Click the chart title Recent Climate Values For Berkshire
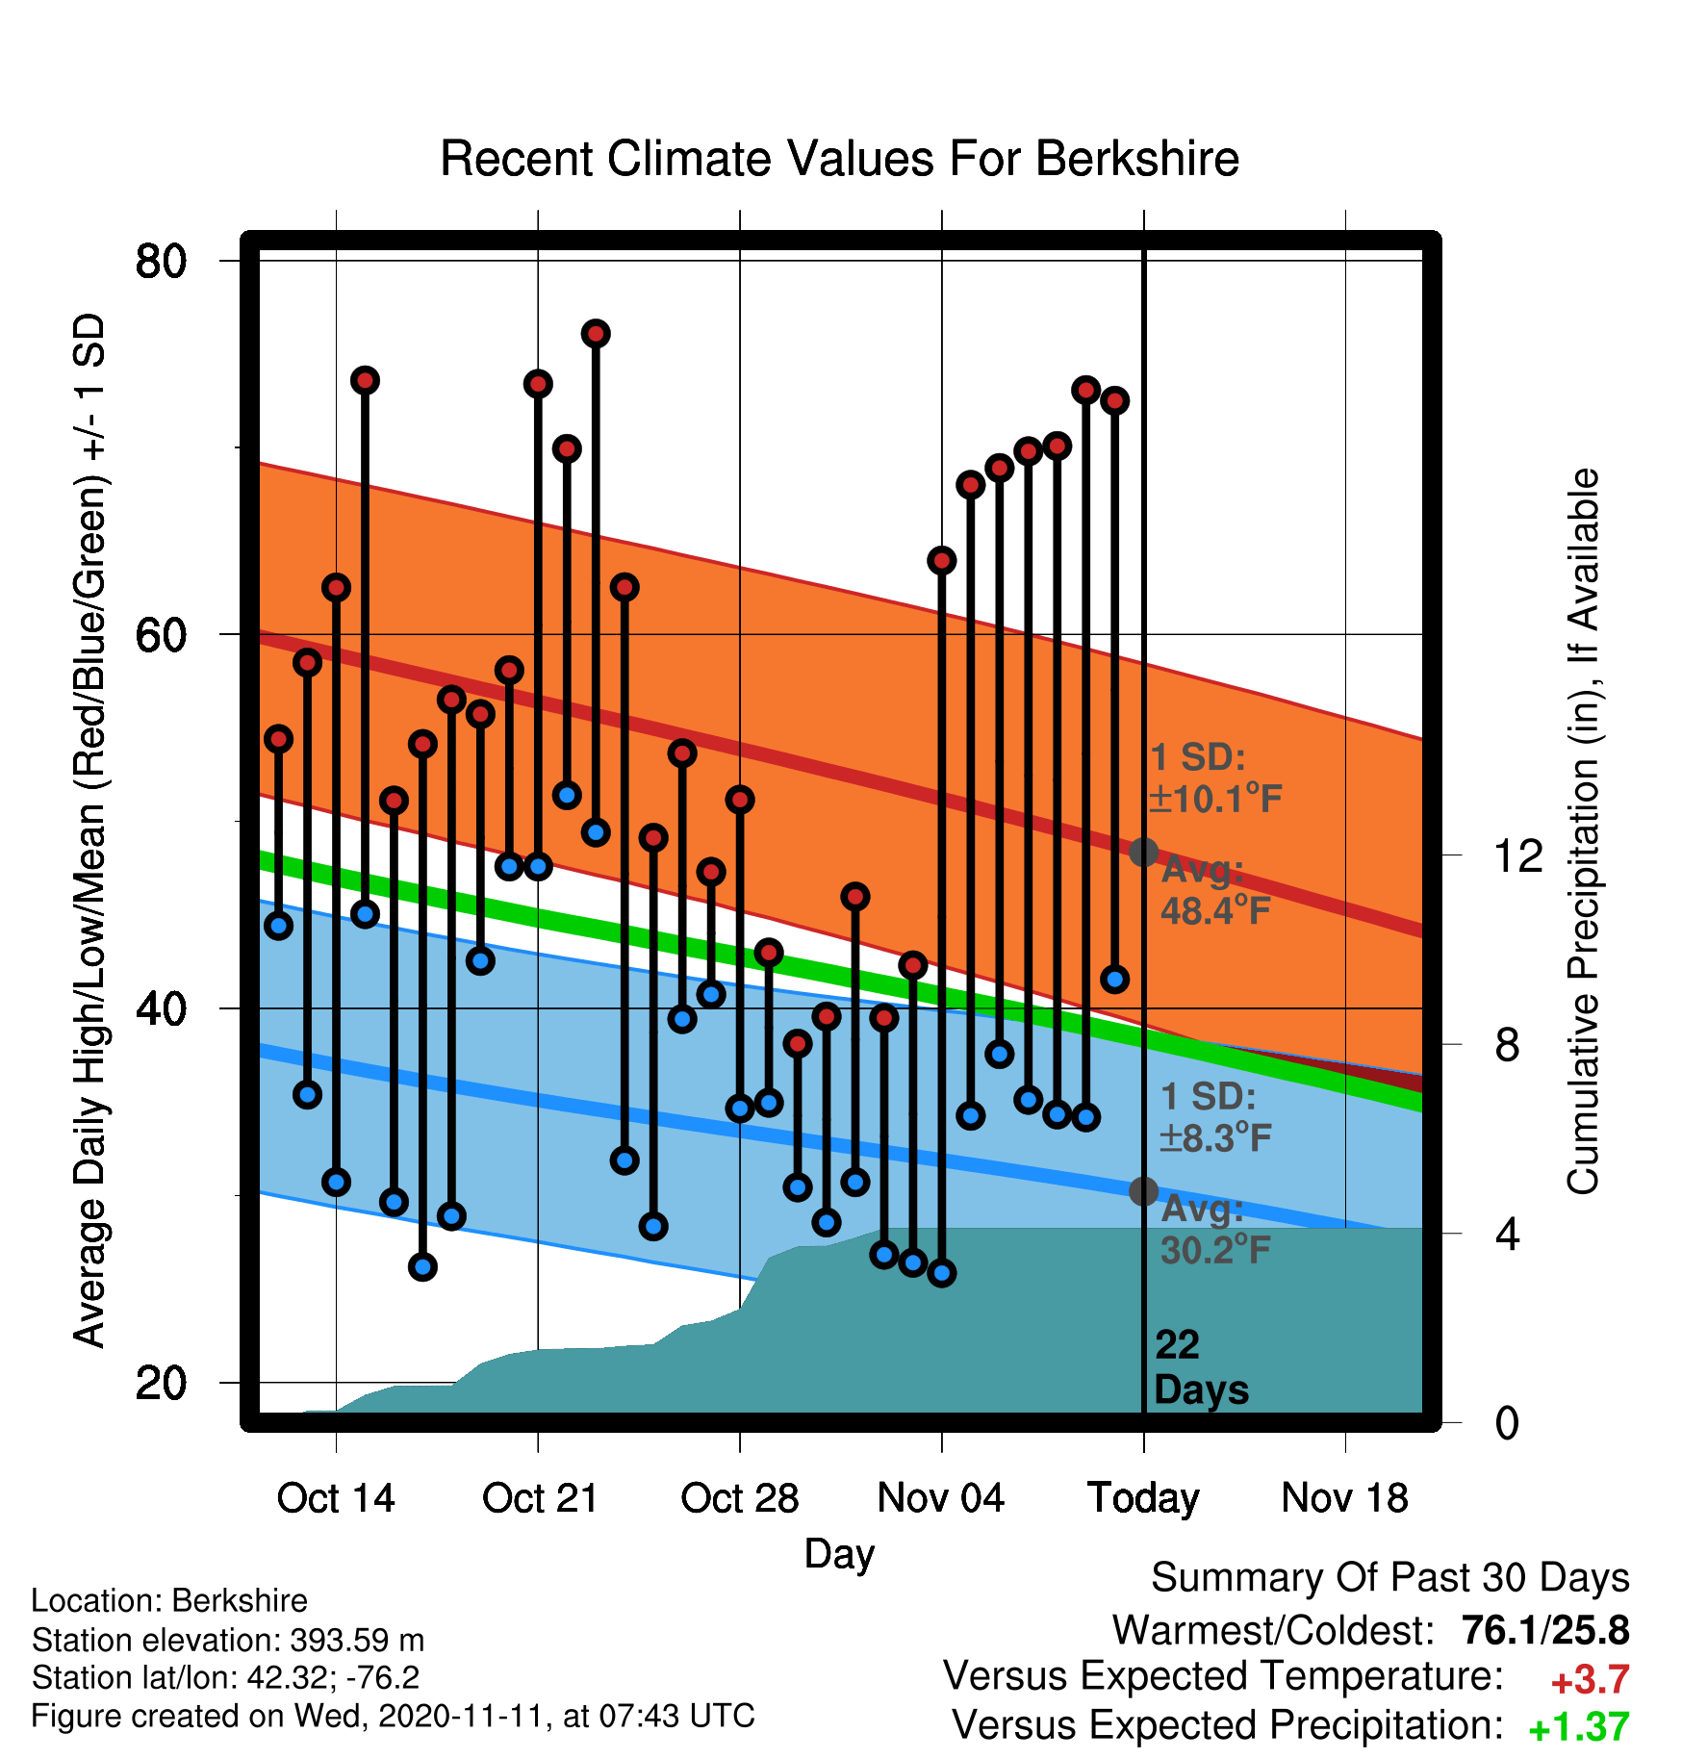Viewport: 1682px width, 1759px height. click(x=839, y=159)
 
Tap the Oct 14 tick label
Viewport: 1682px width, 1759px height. click(x=336, y=1498)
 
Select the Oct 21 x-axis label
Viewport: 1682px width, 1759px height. click(x=540, y=1498)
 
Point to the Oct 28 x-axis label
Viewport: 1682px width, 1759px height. click(x=740, y=1498)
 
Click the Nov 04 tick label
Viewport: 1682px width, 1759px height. click(x=941, y=1498)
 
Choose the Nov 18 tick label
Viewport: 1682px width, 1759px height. click(x=1345, y=1498)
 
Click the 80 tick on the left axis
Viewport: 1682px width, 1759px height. click(x=162, y=261)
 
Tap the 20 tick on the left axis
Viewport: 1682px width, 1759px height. click(x=162, y=1383)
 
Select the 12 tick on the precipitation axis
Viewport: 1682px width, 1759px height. click(x=1518, y=855)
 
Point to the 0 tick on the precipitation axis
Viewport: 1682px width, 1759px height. click(x=1507, y=1422)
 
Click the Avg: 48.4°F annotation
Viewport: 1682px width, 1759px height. click(x=1215, y=890)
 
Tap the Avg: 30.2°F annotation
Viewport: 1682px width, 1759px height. click(x=1215, y=1230)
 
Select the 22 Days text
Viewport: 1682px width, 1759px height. click(x=1201, y=1367)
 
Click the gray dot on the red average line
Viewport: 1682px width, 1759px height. click(x=1143, y=852)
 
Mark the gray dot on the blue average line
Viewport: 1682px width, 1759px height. click(x=1143, y=1191)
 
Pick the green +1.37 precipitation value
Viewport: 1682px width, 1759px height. click(x=1579, y=1728)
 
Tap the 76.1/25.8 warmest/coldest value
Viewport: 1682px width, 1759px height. click(x=1545, y=1631)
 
